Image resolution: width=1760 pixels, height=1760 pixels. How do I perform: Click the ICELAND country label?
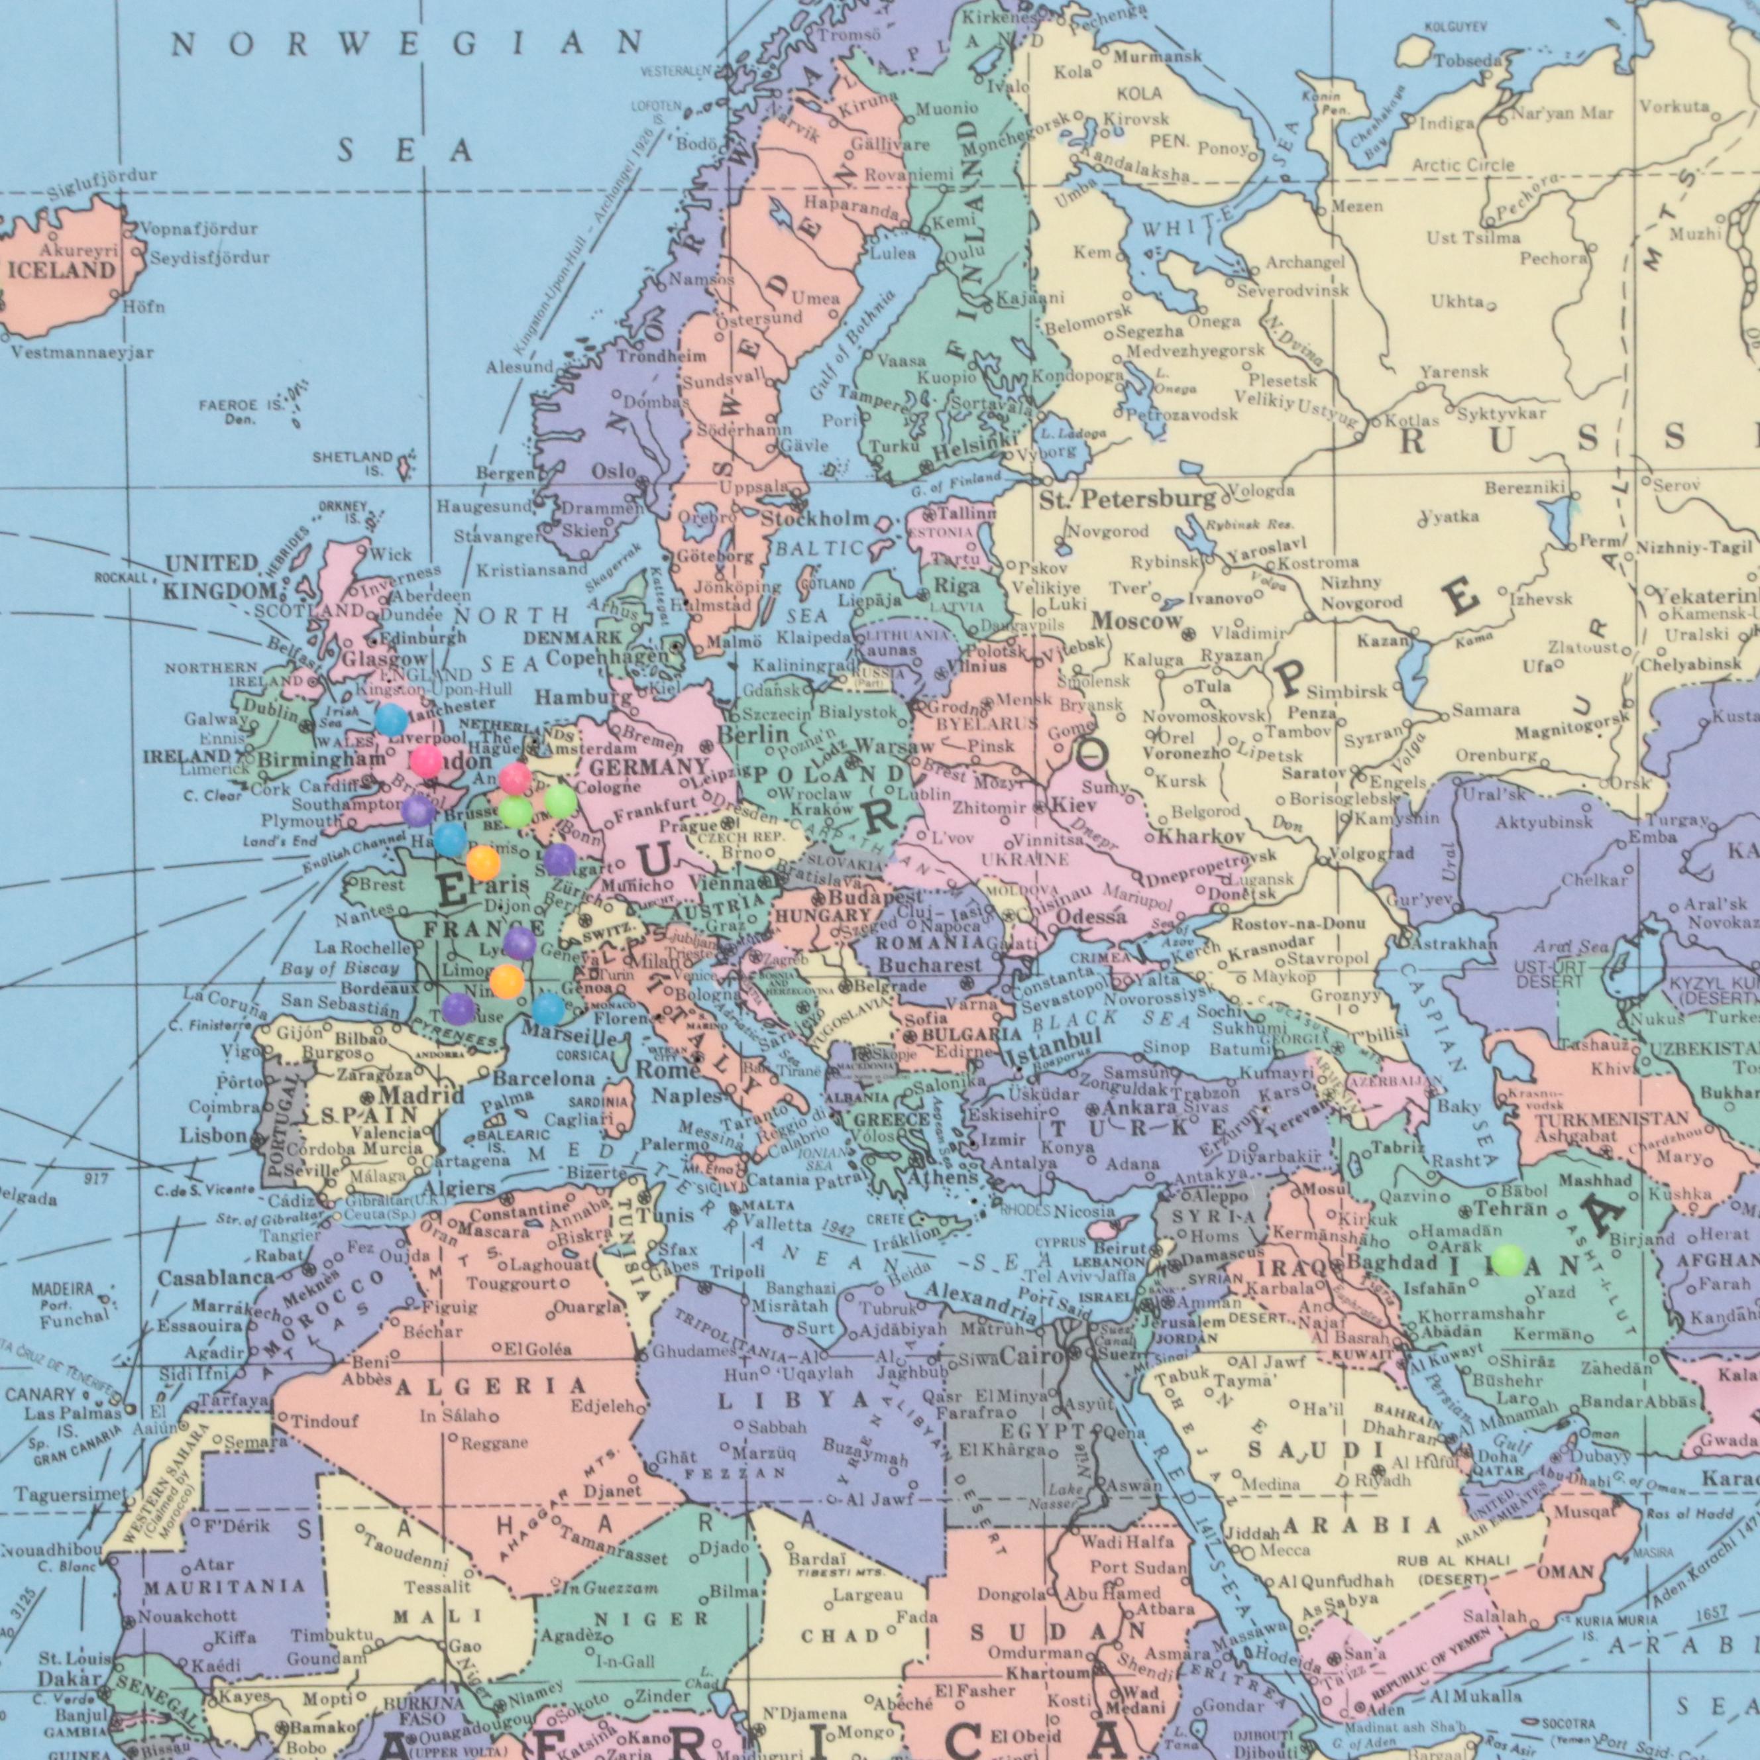click(62, 270)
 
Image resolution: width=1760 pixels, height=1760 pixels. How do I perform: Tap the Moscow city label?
click(1137, 622)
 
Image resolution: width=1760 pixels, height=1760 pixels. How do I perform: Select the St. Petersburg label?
click(1128, 499)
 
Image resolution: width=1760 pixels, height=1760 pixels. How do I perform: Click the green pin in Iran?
click(1508, 1260)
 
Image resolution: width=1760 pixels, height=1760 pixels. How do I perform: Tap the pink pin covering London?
click(425, 760)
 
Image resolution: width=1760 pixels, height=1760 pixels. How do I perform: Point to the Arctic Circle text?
click(1463, 165)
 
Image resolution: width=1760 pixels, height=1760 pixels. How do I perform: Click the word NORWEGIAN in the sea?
click(408, 44)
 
